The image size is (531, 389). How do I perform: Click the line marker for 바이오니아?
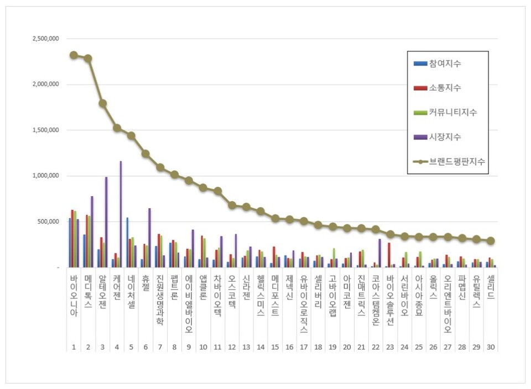point(74,55)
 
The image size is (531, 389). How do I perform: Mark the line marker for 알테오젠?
point(102,103)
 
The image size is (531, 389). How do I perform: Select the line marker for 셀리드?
point(491,241)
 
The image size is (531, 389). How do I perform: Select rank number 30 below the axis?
point(491,346)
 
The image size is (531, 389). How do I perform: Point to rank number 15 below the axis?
point(275,346)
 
